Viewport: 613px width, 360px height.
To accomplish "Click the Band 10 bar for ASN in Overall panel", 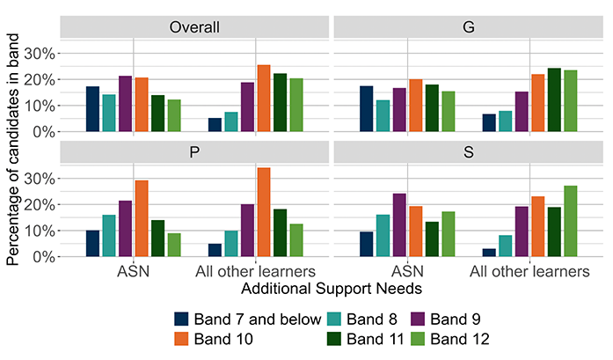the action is pyautogui.click(x=142, y=105).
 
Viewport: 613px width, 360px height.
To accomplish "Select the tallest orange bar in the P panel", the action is pyautogui.click(x=264, y=212).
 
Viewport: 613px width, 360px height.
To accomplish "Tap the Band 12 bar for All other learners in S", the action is pyautogui.click(x=571, y=221).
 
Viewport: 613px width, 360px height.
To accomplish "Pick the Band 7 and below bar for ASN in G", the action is pyautogui.click(x=367, y=109).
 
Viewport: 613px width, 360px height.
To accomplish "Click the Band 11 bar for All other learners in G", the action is pyautogui.click(x=554, y=99).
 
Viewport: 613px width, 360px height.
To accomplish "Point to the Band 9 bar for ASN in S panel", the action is pyautogui.click(x=399, y=225).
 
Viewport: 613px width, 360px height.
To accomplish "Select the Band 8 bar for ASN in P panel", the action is pyautogui.click(x=109, y=236).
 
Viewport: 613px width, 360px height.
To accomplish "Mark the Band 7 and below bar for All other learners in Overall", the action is pyautogui.click(x=215, y=125).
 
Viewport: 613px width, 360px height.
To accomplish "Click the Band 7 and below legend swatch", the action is pyautogui.click(x=181, y=319).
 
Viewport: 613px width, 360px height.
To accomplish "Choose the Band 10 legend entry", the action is pyautogui.click(x=214, y=339).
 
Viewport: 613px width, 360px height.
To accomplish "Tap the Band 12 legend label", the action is pyautogui.click(x=460, y=339).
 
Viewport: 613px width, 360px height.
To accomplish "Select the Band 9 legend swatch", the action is pyautogui.click(x=418, y=319).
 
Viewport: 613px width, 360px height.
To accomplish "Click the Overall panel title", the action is pyautogui.click(x=194, y=27).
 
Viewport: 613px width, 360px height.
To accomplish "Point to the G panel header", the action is pyautogui.click(x=469, y=27).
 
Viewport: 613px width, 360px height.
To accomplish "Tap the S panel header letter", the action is pyautogui.click(x=469, y=151).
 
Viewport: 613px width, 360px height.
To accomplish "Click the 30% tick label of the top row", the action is pyautogui.click(x=40, y=54).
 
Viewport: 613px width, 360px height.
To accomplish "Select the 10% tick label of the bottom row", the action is pyautogui.click(x=40, y=231).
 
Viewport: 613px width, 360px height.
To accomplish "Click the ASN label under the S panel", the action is pyautogui.click(x=407, y=271).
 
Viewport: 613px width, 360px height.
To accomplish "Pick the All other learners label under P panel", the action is pyautogui.click(x=255, y=271).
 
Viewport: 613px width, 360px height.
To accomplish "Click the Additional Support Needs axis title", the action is pyautogui.click(x=332, y=289).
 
